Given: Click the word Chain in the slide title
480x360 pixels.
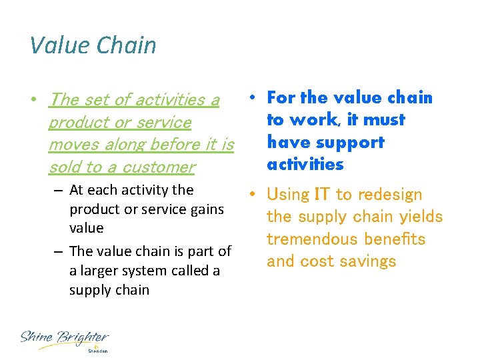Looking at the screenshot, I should (x=126, y=45).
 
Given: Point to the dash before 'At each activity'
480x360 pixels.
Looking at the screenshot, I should (x=58, y=191).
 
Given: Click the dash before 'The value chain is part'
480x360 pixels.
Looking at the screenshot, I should (x=58, y=252).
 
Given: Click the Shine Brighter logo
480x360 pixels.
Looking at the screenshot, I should (x=64, y=339).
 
